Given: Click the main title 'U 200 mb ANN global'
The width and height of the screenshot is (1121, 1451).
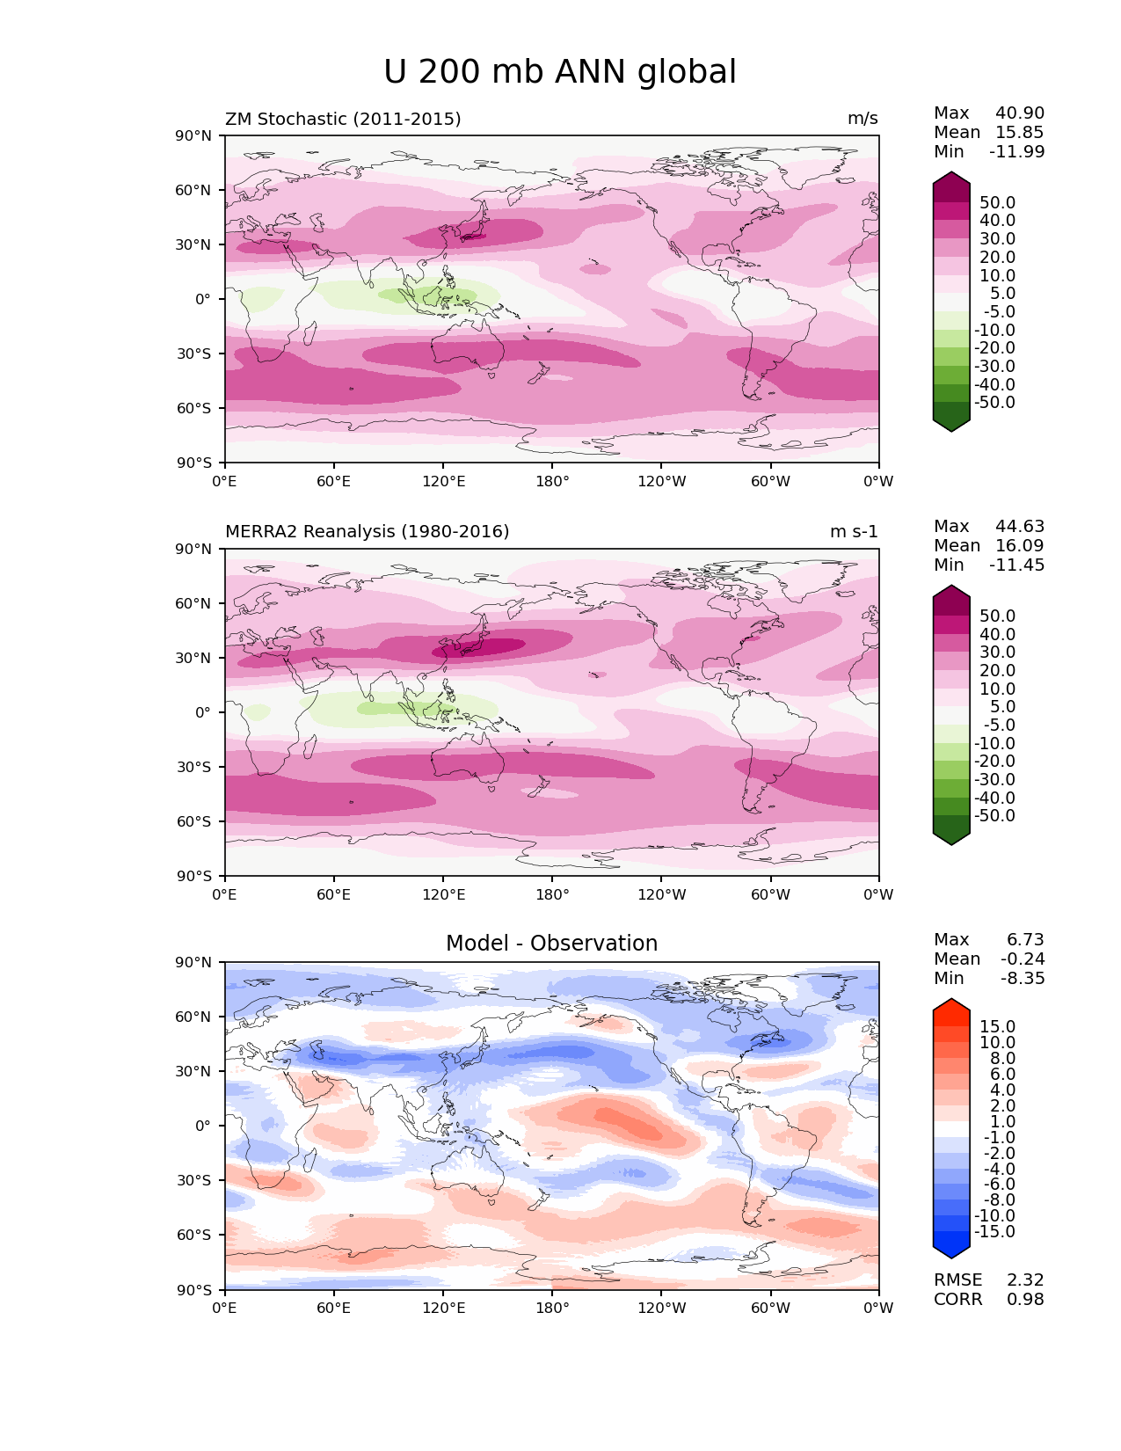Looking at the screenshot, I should point(560,72).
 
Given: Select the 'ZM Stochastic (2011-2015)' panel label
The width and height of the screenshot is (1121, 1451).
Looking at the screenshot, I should point(343,119).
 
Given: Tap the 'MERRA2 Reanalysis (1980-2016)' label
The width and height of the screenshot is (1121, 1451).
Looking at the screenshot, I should point(368,532).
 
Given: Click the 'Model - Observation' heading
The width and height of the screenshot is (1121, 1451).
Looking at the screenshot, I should point(551,944).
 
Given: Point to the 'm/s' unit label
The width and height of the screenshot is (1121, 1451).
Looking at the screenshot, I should point(863,119).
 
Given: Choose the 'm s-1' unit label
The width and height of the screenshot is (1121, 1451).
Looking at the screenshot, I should point(854,532).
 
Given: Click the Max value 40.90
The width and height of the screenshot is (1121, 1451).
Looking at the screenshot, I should point(1020,113).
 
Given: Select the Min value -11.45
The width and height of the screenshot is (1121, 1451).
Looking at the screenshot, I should point(1017,565).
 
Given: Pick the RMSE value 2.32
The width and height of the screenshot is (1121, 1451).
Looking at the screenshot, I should point(1025,1280).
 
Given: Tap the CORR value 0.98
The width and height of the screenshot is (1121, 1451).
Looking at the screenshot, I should point(1025,1300).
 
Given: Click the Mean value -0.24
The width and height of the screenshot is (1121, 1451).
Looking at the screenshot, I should point(1023,959).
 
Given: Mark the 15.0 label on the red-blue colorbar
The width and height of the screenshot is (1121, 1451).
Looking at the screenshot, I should point(998,1027).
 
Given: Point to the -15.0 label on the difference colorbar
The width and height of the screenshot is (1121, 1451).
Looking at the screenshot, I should point(995,1232).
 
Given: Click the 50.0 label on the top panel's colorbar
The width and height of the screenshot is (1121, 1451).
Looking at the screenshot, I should point(998,203).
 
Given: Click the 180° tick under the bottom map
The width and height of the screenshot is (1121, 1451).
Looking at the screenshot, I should point(552,1309).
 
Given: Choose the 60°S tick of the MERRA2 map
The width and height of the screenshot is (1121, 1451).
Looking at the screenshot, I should point(196,821).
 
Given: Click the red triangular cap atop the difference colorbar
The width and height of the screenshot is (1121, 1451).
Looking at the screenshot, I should point(951,1011).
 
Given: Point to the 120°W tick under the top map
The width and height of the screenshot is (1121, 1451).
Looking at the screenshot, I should point(662,481).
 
